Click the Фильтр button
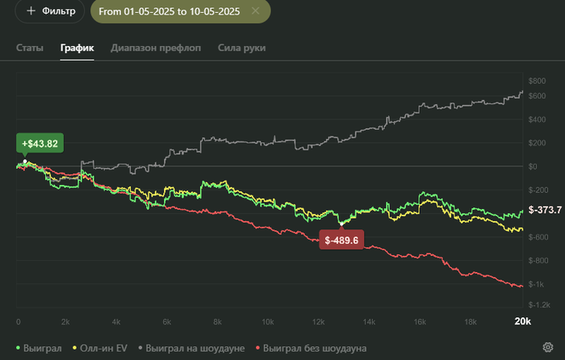pos(49,11)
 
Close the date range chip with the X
pos(256,11)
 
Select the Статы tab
pos(30,48)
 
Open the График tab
pos(77,48)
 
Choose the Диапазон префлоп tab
pos(156,48)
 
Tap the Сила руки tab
pos(241,48)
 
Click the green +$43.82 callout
pos(40,144)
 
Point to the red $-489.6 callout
pos(341,240)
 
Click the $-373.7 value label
pos(545,210)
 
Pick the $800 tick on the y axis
pos(537,81)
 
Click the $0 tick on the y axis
pos(533,166)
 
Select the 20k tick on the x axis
pos(522,321)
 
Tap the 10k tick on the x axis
pos(268,321)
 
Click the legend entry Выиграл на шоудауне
pos(194,347)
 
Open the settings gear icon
pos(548,347)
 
